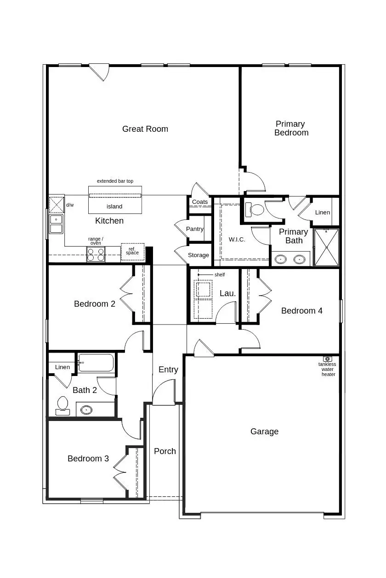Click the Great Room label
click(145, 129)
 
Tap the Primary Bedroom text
click(291, 128)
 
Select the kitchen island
click(115, 200)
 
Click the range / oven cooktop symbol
click(96, 254)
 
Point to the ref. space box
click(132, 252)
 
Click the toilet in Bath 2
click(62, 405)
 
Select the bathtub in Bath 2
click(96, 363)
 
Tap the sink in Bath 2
click(86, 409)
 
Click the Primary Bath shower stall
click(326, 247)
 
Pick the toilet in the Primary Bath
click(255, 209)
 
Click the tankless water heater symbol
click(327, 359)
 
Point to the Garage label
click(264, 432)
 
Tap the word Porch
click(165, 451)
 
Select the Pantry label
click(195, 229)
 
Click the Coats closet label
click(200, 202)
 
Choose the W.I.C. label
click(237, 240)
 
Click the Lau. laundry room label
click(227, 293)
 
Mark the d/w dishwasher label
click(70, 205)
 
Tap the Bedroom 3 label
click(88, 459)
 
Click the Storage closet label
click(199, 255)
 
